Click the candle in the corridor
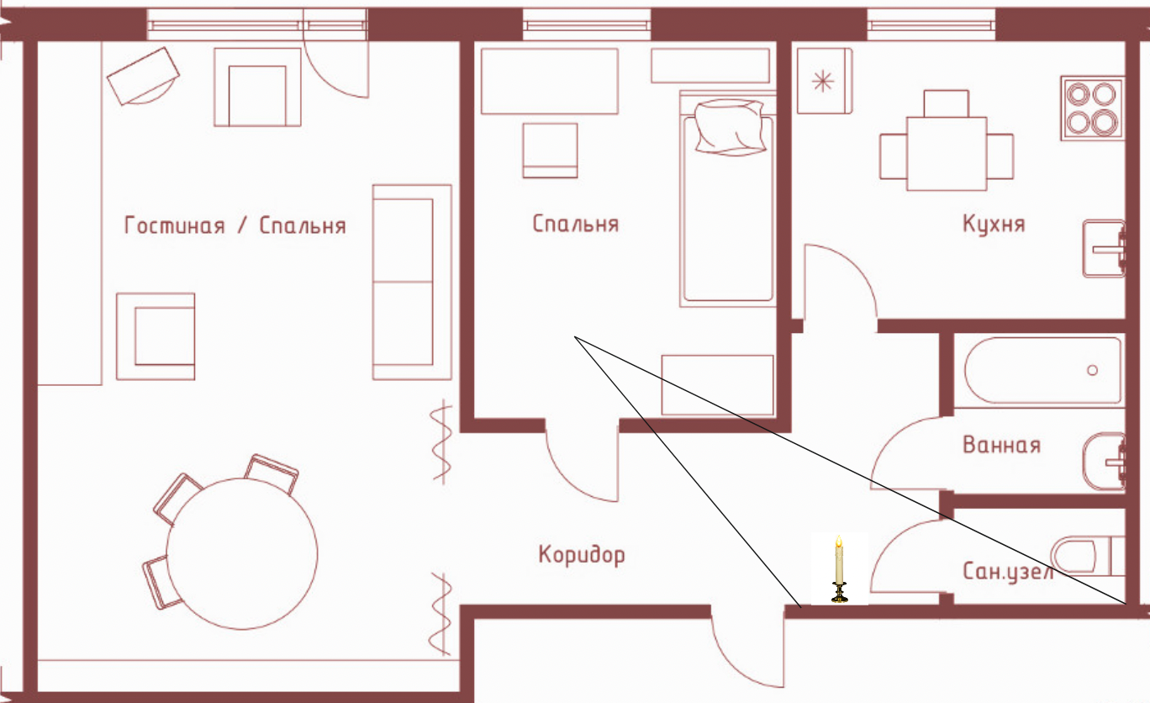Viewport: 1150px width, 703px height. tap(839, 568)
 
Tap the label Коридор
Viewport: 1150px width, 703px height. tap(582, 555)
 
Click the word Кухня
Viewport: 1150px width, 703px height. tap(994, 225)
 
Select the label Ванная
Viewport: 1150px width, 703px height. tap(1002, 445)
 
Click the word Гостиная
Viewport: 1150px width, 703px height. tap(175, 225)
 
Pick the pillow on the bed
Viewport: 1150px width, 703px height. tap(730, 127)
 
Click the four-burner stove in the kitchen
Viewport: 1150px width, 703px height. tap(1092, 108)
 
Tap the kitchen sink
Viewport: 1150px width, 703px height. tap(1104, 249)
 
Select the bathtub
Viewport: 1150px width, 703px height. tap(1042, 370)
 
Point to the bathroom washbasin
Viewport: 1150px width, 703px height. tap(1104, 462)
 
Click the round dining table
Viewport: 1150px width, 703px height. tap(242, 553)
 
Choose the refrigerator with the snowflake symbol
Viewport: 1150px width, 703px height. tap(825, 81)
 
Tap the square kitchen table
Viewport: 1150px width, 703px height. tap(947, 154)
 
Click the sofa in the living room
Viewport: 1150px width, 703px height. tap(412, 282)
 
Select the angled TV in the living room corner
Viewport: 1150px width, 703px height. tap(143, 77)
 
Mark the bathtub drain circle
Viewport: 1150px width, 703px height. tap(1093, 370)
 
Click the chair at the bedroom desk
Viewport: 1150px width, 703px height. tap(550, 151)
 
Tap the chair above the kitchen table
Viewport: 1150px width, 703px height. tap(947, 103)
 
